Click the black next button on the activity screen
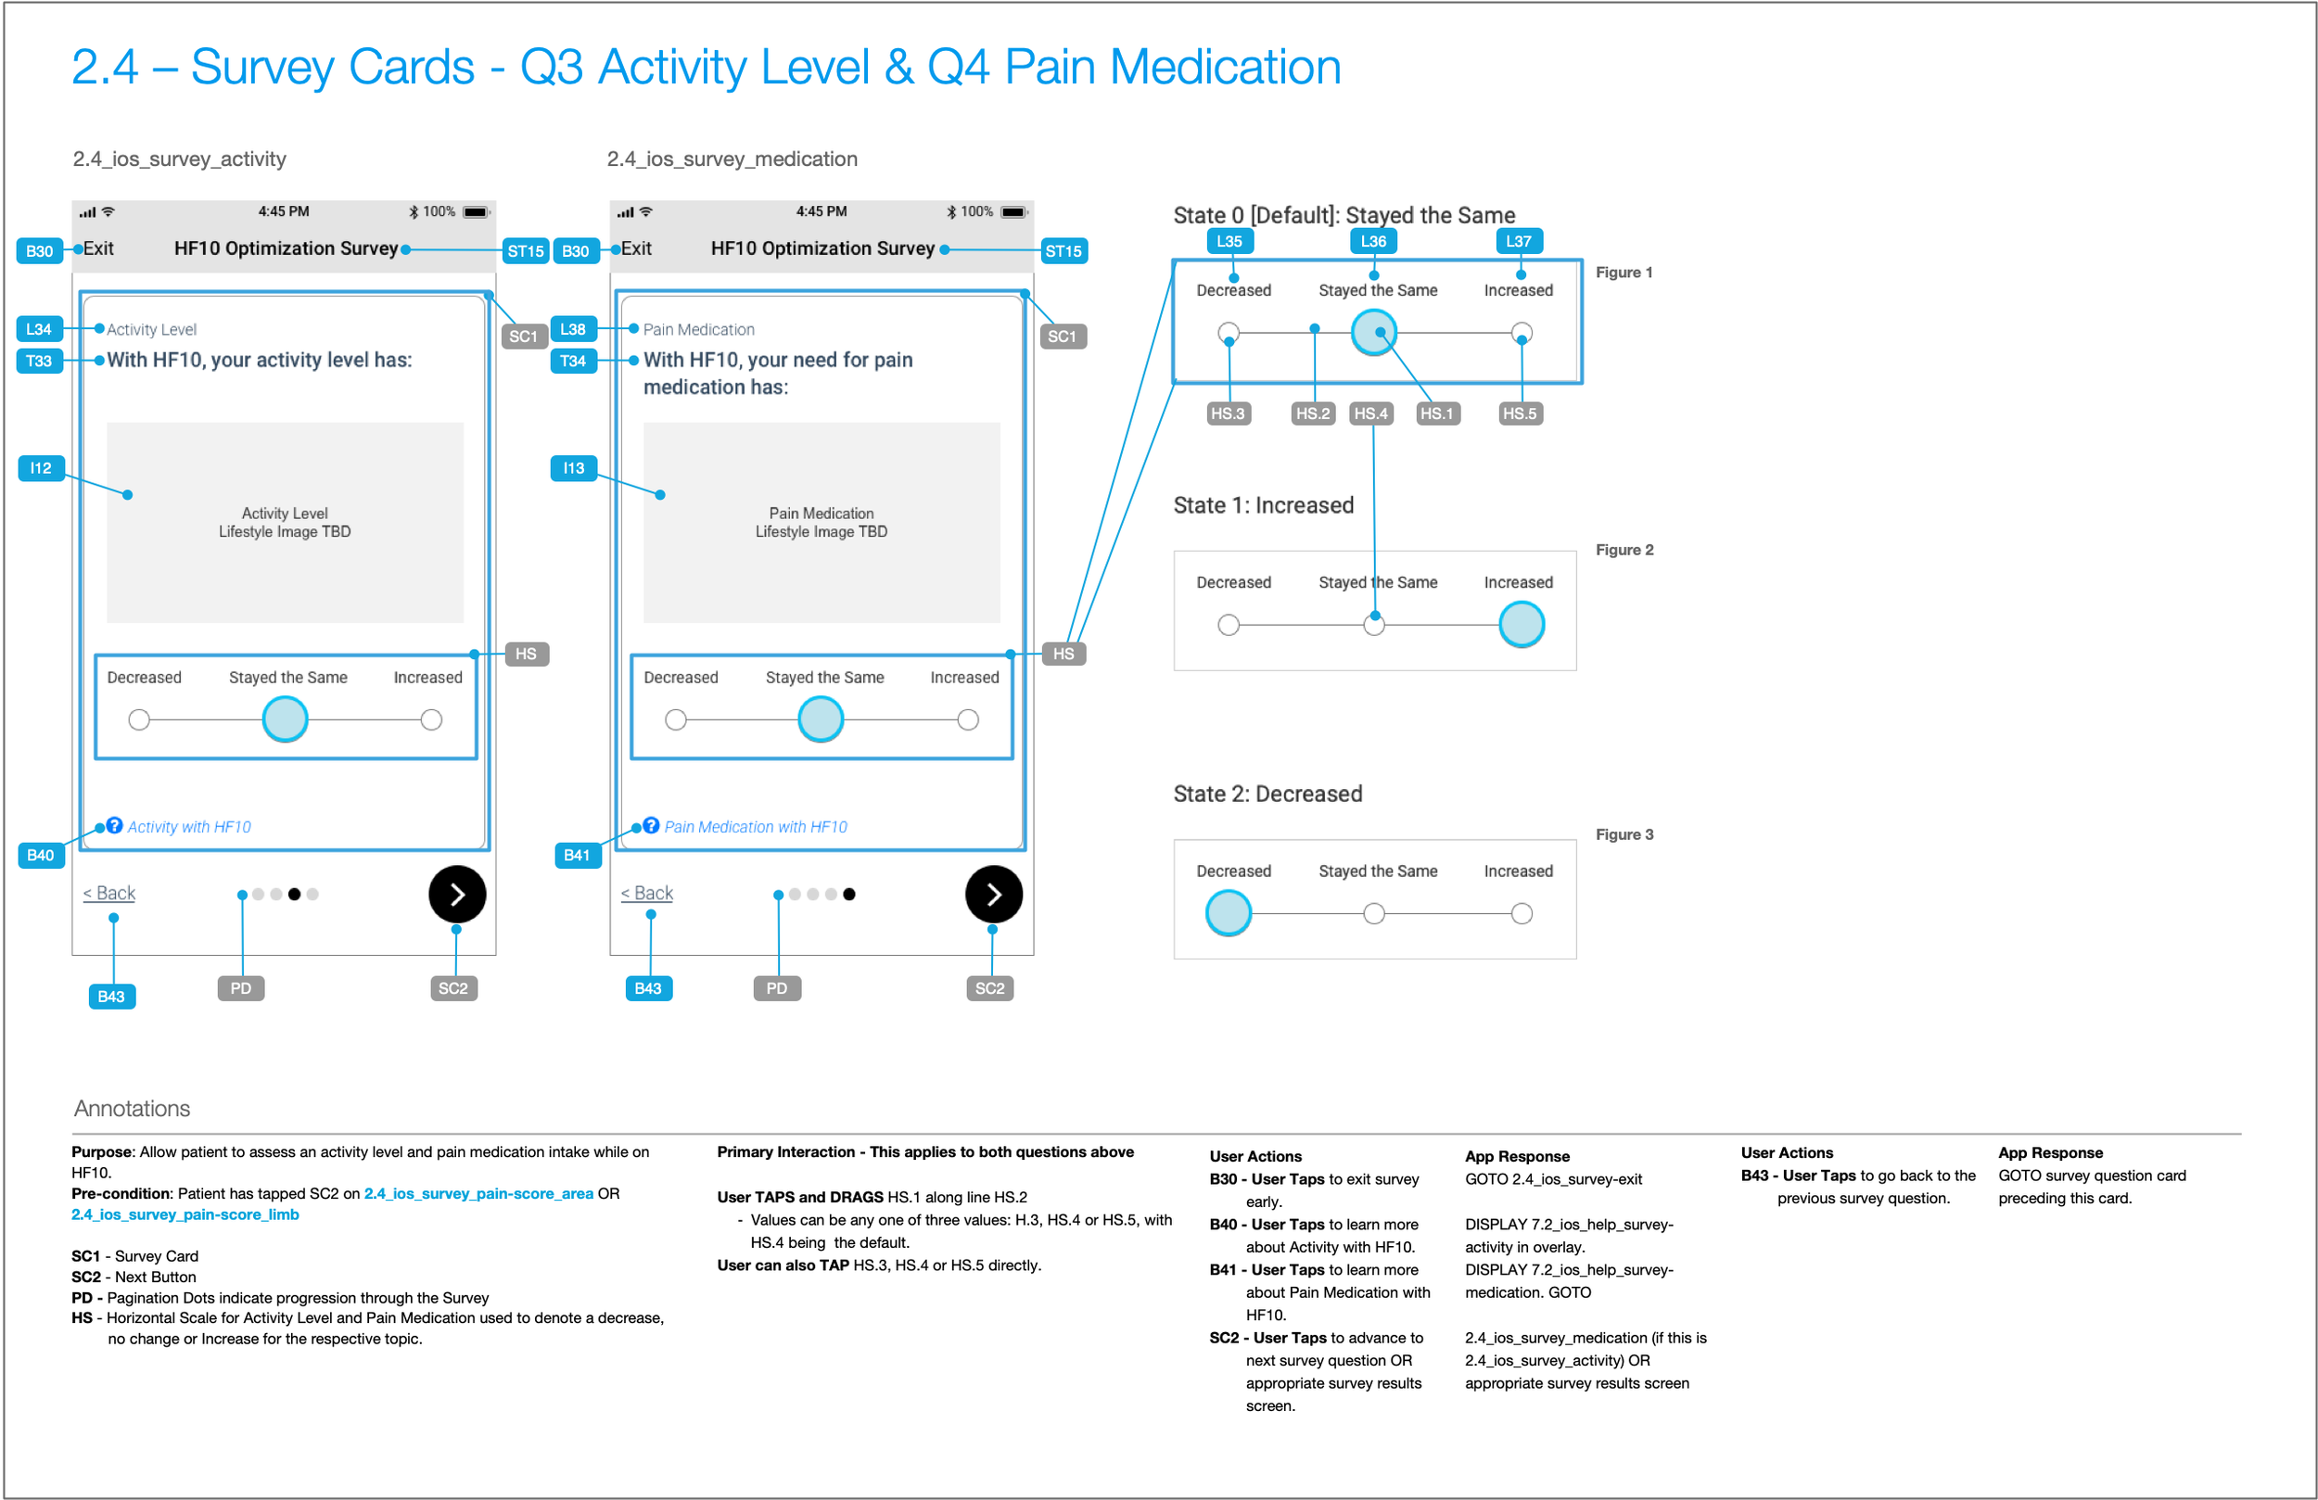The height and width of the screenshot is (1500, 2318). [x=457, y=894]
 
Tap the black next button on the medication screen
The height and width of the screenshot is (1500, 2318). [x=993, y=894]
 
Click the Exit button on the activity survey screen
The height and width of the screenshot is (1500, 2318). [x=98, y=248]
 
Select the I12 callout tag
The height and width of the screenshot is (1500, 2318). [x=41, y=468]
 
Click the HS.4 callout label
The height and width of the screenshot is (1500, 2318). [x=1370, y=414]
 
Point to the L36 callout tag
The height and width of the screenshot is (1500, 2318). [x=1373, y=242]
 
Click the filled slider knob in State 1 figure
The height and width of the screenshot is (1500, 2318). [x=1522, y=624]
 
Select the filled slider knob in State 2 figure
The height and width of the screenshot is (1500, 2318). [x=1229, y=914]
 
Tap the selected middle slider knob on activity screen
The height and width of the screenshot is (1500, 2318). [x=286, y=719]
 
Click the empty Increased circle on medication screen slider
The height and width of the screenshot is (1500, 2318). [x=967, y=719]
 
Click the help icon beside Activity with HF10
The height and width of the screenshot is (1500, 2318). [x=115, y=826]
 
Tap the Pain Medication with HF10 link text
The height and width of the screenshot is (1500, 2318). [x=755, y=827]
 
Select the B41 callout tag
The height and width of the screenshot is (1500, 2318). [x=577, y=855]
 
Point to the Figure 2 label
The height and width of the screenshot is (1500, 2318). [x=1624, y=551]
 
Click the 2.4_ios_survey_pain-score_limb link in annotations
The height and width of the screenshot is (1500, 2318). [x=185, y=1214]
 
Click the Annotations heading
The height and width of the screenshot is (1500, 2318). [x=133, y=1109]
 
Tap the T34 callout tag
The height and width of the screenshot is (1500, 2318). [x=573, y=362]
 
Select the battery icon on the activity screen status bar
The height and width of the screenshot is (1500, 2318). [x=476, y=212]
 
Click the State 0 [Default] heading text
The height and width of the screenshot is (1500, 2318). [x=1344, y=215]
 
